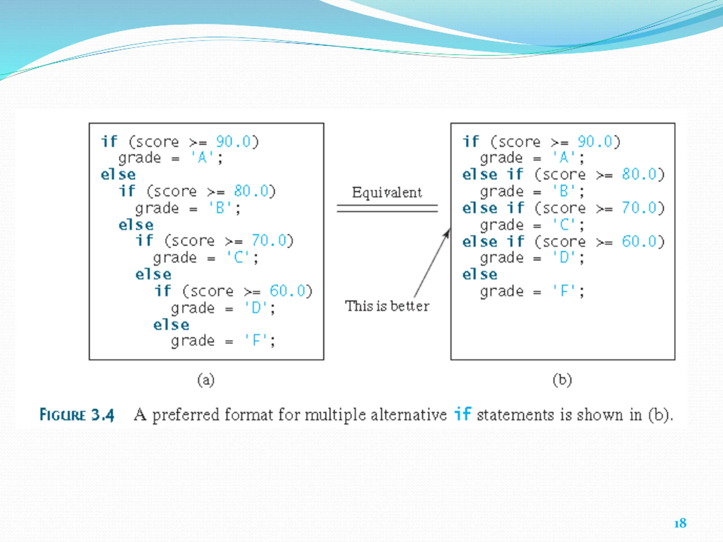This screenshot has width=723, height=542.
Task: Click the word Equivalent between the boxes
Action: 387,193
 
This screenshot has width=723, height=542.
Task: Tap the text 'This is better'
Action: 387,306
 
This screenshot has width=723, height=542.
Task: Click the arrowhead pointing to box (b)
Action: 447,233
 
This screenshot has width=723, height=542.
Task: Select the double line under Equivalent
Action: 387,208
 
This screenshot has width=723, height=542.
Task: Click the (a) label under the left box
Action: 206,380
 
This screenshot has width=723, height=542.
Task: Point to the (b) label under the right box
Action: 562,380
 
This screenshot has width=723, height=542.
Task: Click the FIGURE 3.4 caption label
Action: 77,415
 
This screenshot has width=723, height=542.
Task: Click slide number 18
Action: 680,523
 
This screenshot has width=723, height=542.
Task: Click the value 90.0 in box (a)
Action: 233,142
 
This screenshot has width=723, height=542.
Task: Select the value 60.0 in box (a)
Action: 287,291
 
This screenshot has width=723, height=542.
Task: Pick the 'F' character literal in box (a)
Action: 256,341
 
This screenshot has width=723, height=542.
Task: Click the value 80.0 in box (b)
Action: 639,174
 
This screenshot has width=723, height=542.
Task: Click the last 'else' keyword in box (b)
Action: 480,274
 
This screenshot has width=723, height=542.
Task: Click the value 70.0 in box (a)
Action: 269,241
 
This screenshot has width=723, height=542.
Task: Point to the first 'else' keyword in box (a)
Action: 118,175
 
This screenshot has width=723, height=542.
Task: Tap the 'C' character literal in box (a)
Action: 239,258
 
